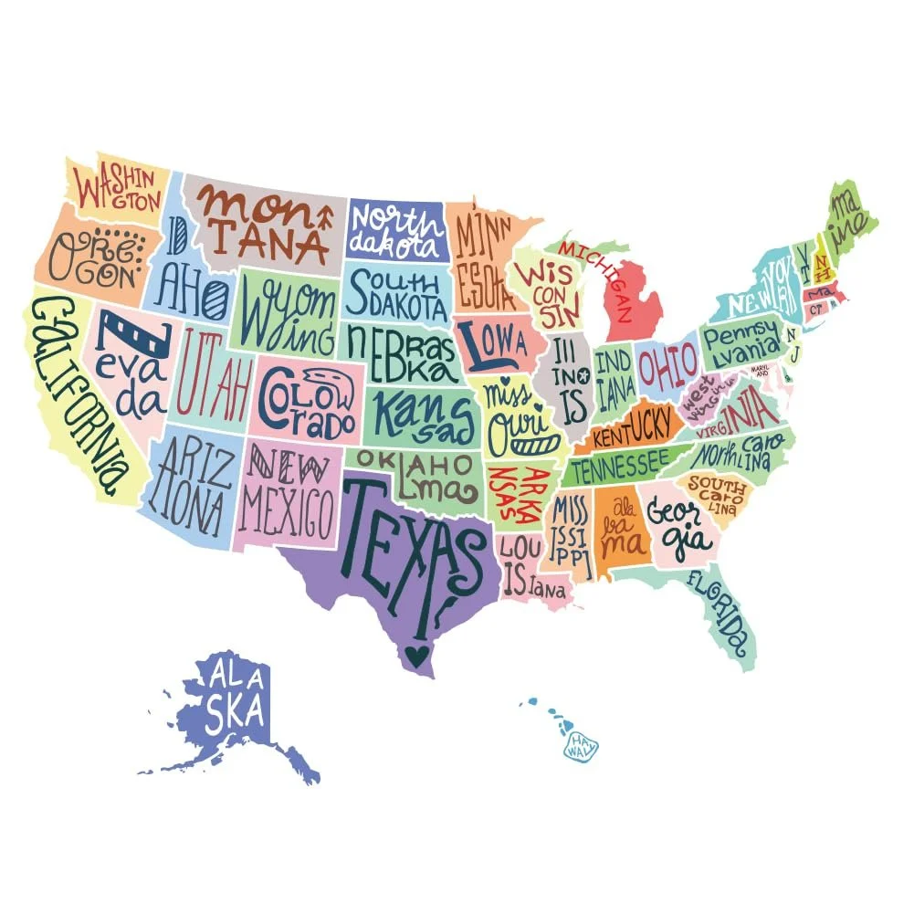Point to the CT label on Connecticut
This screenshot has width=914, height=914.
pyautogui.click(x=816, y=309)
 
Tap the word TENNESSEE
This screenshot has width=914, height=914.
pyautogui.click(x=619, y=468)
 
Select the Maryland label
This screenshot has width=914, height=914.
pyautogui.click(x=760, y=371)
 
